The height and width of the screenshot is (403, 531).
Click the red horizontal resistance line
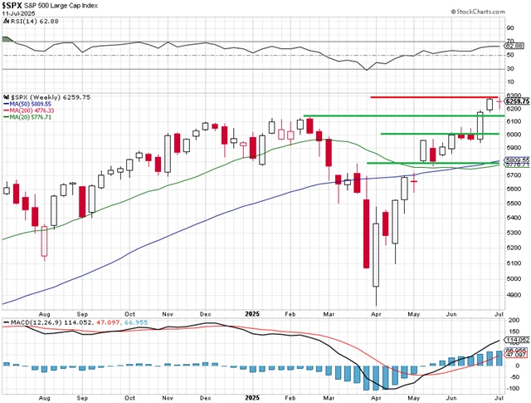431,97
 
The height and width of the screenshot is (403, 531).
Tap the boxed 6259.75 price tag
517,101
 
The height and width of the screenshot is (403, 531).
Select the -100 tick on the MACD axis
513,387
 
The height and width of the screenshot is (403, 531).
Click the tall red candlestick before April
366,233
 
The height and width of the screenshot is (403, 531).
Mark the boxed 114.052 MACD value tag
517,339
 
